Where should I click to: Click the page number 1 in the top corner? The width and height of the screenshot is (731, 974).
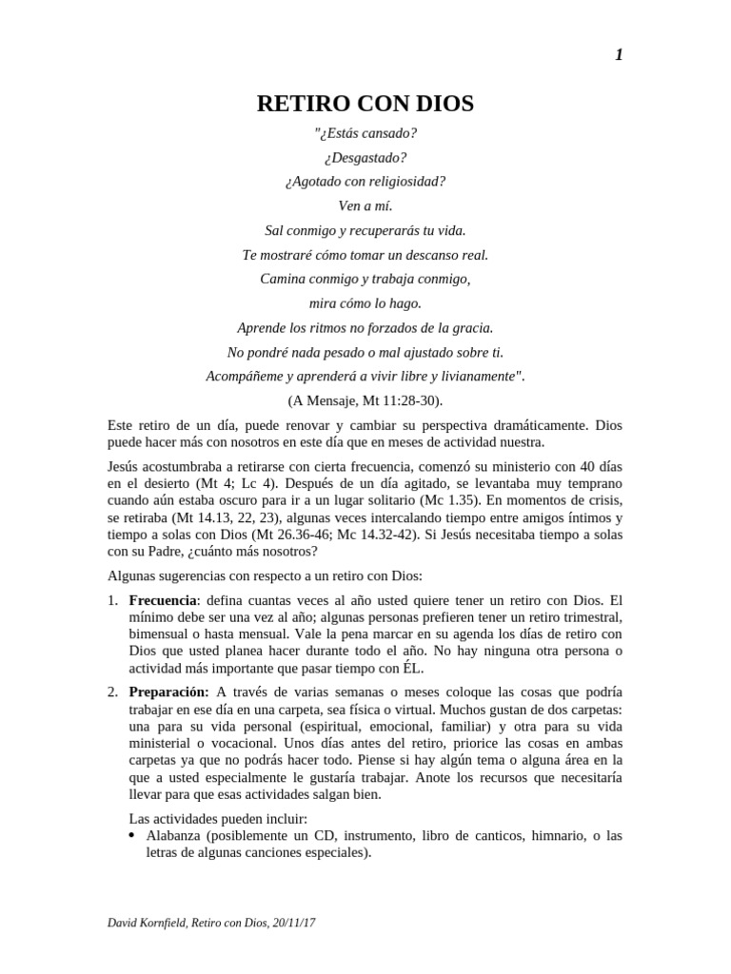point(619,55)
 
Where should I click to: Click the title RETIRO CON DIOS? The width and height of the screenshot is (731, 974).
point(365,104)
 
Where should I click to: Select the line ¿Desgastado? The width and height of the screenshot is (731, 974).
point(365,157)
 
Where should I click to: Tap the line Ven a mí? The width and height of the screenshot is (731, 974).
point(365,205)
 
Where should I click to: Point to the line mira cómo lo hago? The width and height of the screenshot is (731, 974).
point(365,303)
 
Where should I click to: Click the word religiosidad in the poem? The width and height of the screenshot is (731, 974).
point(406,181)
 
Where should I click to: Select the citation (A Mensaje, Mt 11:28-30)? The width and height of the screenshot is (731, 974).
point(365,400)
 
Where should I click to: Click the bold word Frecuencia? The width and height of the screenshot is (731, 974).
point(162,601)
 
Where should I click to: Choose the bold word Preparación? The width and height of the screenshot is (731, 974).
point(169,691)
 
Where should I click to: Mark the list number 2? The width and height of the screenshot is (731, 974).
point(111,691)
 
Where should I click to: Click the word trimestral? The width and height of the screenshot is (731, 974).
point(583,617)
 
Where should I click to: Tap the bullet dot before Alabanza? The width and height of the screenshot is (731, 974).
point(132,836)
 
